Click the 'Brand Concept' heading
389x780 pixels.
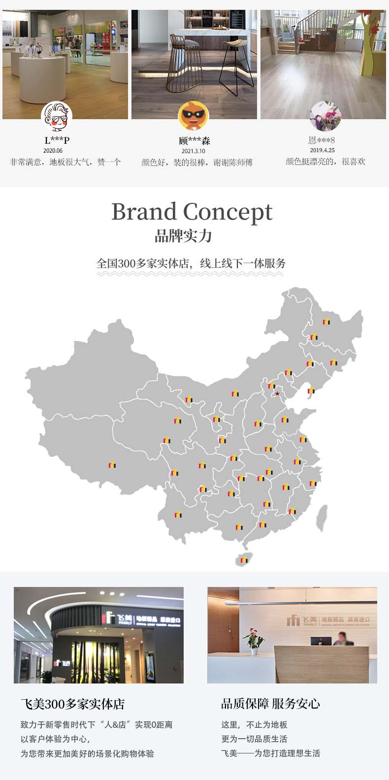(192, 212)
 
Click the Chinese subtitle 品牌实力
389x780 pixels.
(184, 236)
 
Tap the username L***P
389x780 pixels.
(57, 140)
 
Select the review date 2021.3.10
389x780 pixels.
(193, 151)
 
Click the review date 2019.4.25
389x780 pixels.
(322, 150)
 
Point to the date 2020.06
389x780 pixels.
(53, 151)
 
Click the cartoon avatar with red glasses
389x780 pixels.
(56, 116)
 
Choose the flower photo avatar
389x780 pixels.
(325, 116)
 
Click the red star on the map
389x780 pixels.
(277, 394)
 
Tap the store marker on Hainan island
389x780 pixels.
(244, 560)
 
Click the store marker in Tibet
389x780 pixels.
(112, 465)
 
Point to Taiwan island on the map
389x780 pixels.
(322, 518)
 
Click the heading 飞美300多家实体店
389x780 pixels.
(72, 704)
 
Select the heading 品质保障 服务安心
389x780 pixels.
(270, 704)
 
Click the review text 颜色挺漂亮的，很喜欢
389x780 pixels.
(325, 162)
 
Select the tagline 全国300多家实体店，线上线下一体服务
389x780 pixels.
(191, 263)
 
